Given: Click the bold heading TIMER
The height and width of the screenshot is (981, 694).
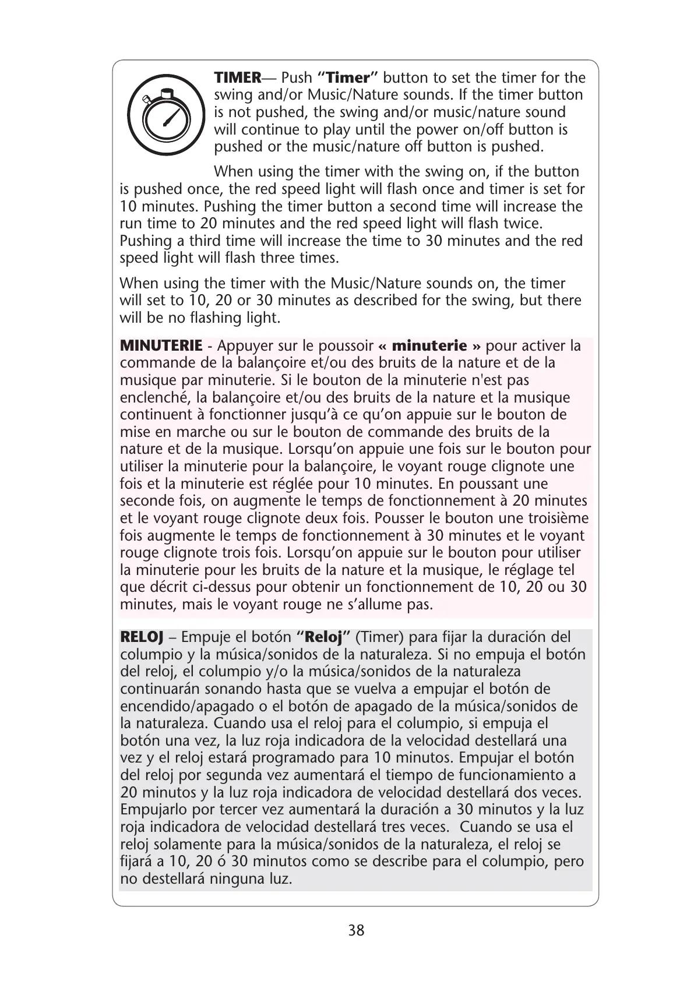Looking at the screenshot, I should (238, 77).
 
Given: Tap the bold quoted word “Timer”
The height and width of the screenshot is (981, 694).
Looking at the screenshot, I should (348, 77).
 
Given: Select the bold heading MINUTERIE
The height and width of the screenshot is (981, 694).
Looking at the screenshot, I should (161, 345).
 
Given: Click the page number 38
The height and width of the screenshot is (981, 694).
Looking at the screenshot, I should (356, 930).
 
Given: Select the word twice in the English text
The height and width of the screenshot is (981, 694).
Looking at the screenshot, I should (524, 224).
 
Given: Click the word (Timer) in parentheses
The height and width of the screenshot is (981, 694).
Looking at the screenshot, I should (379, 637).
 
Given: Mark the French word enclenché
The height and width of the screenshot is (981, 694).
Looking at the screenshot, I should (156, 397).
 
